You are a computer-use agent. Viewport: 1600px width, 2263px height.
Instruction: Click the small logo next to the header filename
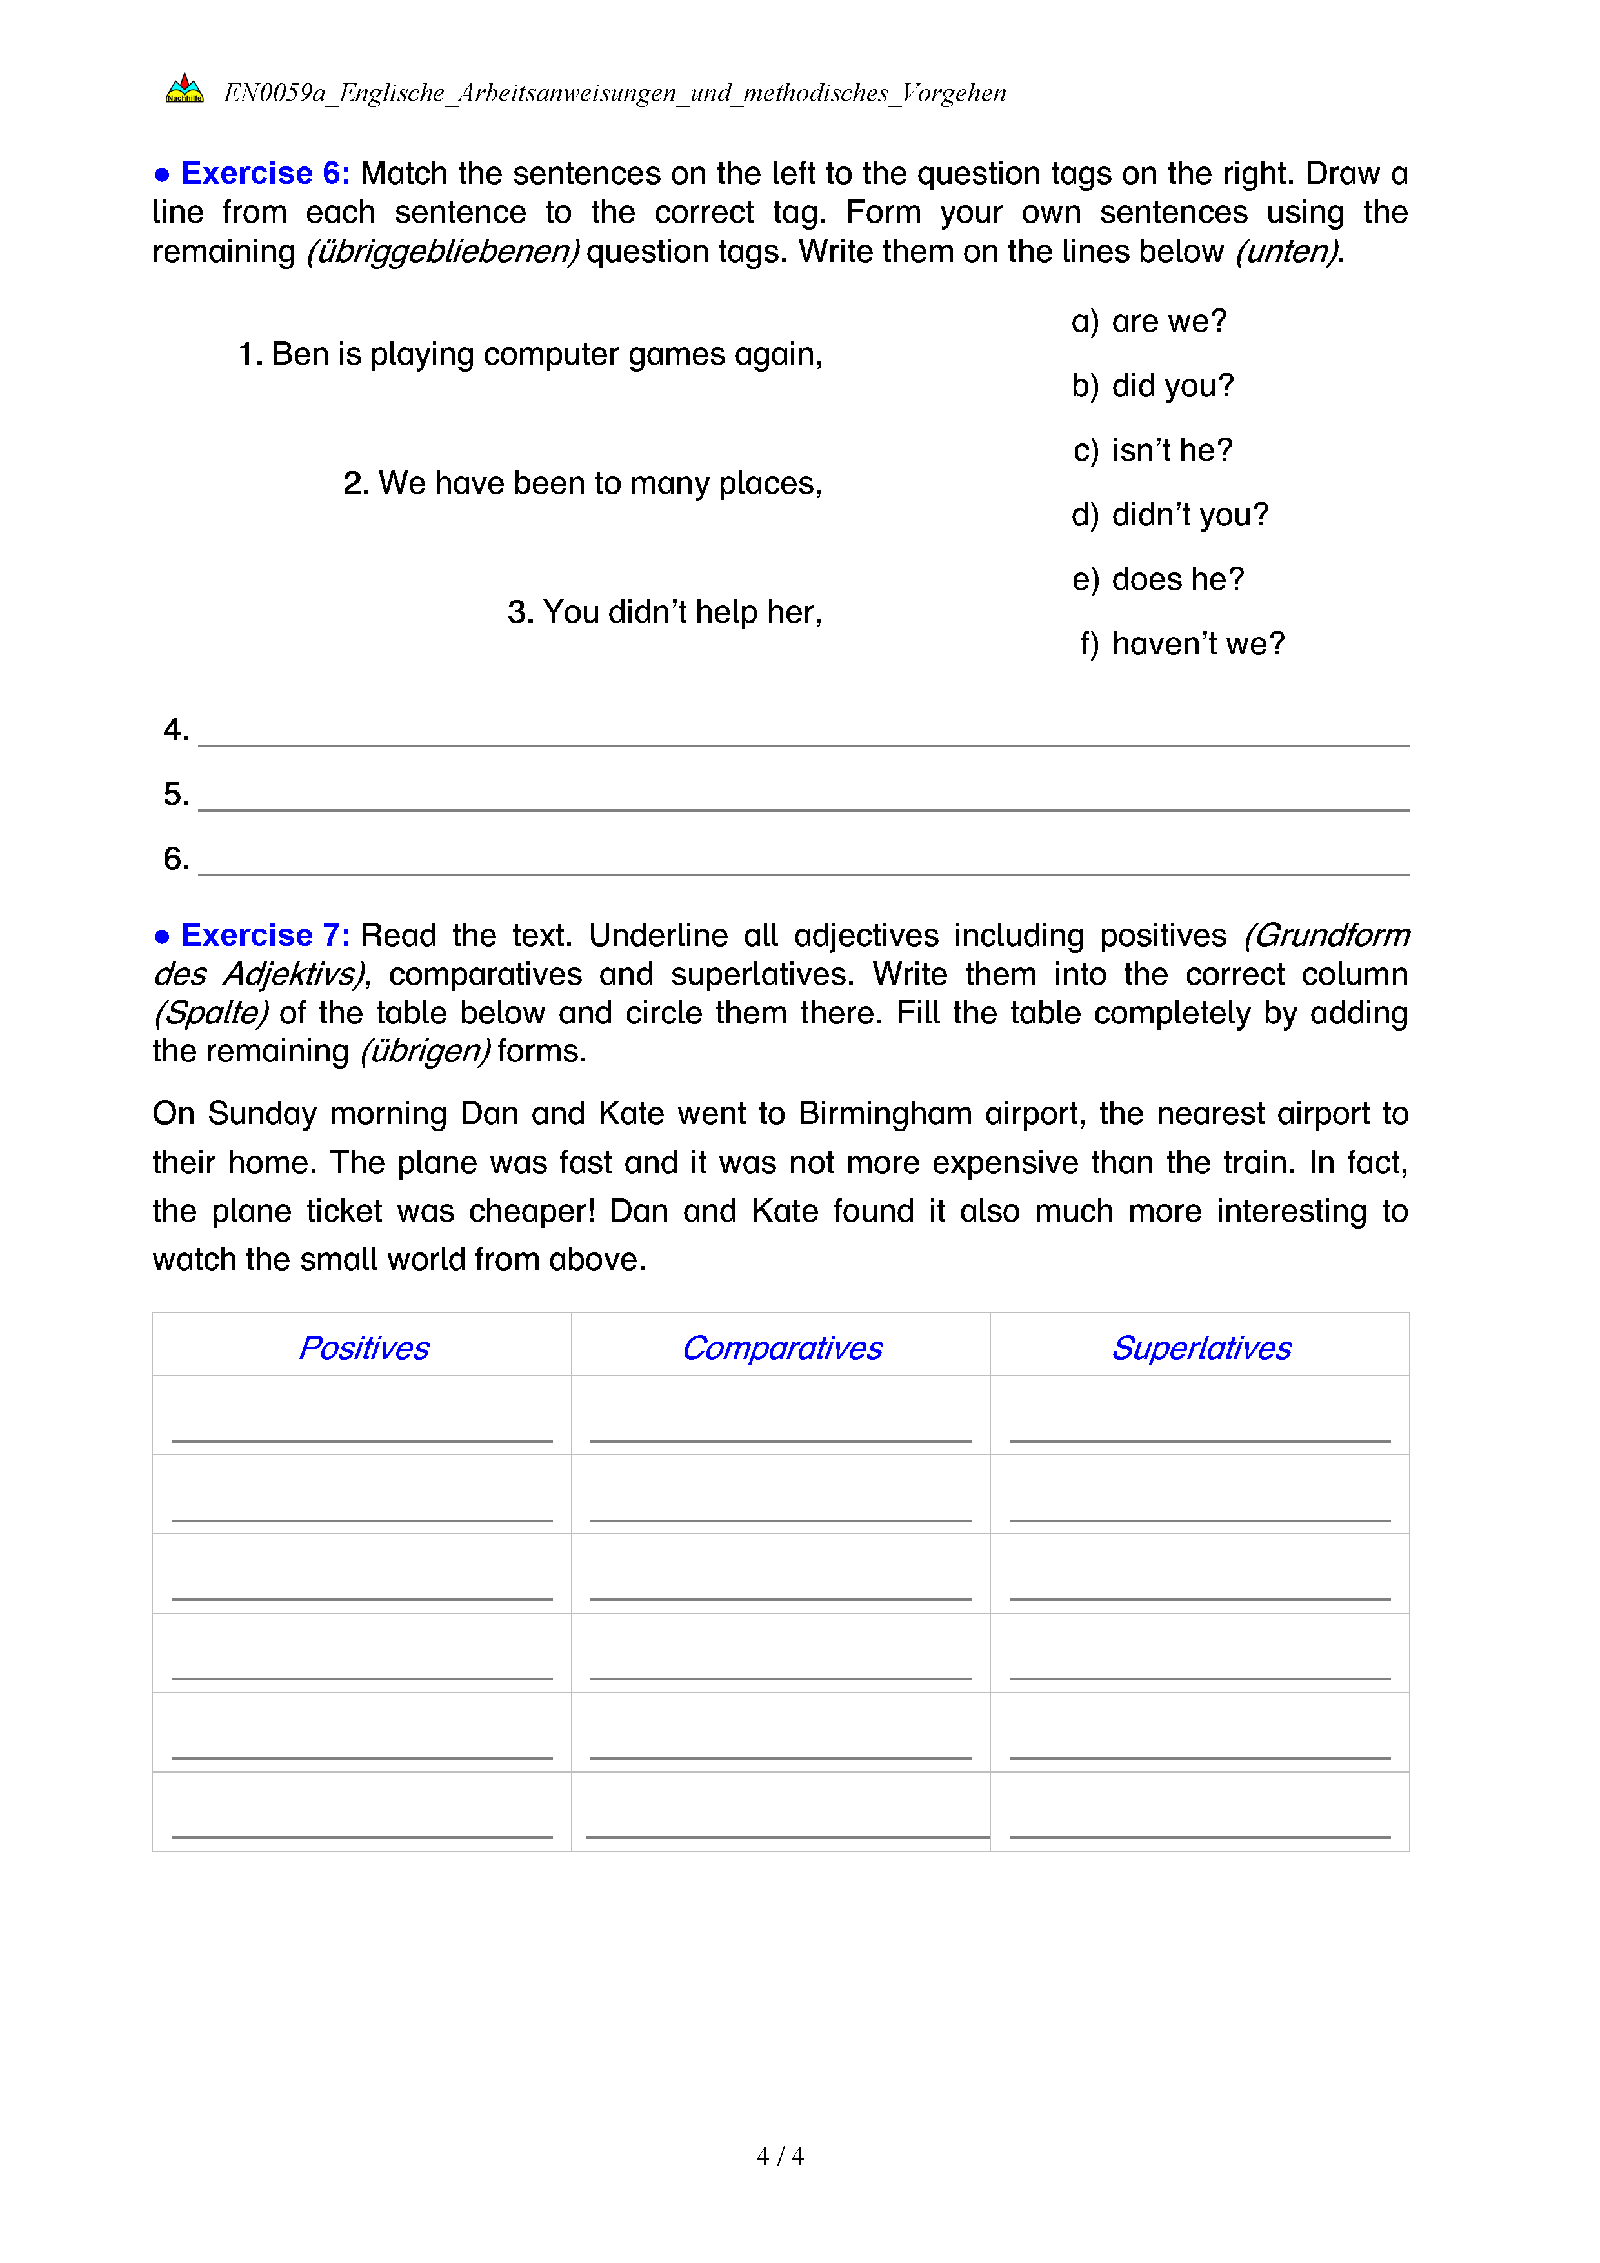point(185,90)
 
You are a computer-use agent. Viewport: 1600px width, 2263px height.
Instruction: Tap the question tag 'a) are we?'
point(1149,321)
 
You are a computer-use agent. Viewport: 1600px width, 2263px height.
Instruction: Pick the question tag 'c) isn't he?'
point(1153,450)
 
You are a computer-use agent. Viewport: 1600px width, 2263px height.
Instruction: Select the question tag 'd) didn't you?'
point(1170,514)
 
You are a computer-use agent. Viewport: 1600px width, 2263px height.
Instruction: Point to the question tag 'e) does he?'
point(1157,579)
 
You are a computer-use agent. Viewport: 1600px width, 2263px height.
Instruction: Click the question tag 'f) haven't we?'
point(1183,643)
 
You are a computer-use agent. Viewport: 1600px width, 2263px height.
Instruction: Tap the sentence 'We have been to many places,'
point(583,483)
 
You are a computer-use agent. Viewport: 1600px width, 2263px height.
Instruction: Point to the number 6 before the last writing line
point(175,858)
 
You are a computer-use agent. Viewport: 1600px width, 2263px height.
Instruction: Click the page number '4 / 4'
point(779,2157)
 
